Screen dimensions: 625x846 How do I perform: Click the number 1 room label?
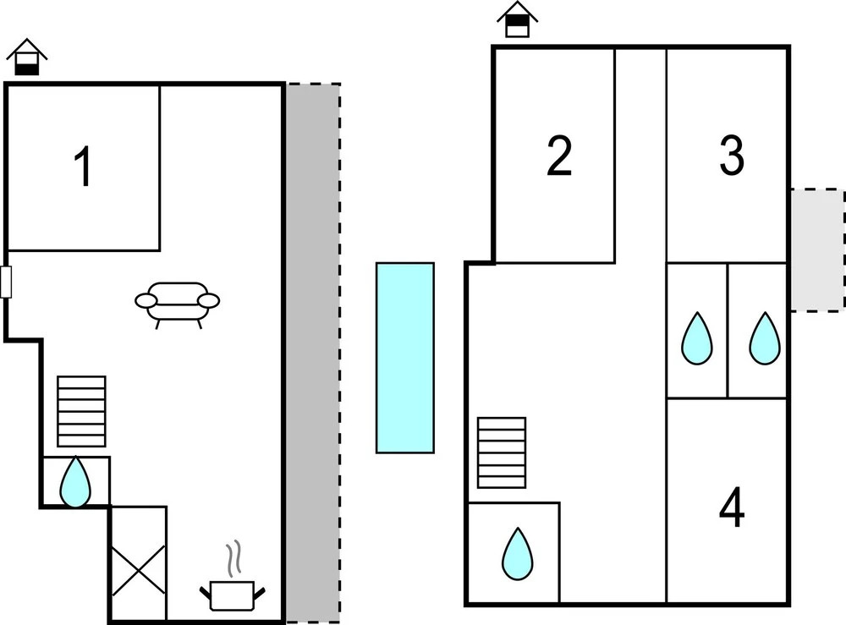point(82,167)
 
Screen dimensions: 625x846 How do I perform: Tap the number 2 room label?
point(559,156)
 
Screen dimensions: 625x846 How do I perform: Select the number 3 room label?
point(732,156)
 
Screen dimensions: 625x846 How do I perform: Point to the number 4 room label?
point(732,508)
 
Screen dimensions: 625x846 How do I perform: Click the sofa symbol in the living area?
point(178,302)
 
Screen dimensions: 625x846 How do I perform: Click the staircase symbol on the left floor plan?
point(81,411)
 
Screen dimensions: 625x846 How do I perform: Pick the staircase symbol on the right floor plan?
point(502,452)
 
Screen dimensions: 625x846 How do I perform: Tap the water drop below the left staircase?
point(75,482)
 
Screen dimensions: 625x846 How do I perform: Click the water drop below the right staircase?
point(518,554)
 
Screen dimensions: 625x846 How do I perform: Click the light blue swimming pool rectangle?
point(405,357)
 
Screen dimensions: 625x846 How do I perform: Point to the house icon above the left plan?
point(27,58)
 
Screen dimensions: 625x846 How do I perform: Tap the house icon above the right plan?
point(517,20)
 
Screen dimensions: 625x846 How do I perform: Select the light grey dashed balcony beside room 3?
point(817,249)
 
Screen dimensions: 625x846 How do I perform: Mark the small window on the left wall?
point(6,282)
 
